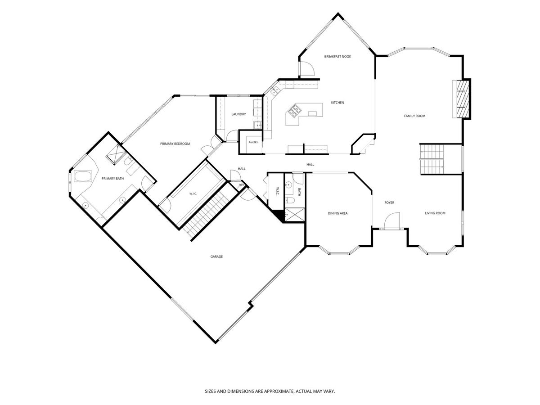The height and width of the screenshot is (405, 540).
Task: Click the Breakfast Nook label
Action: pos(337,57)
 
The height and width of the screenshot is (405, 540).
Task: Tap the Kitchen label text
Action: pos(337,103)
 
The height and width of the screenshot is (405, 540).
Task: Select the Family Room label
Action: pos(414,116)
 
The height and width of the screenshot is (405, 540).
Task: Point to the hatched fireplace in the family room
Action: pos(463,99)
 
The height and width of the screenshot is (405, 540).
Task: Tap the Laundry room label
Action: pos(238,114)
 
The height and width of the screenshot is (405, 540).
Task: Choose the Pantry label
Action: pos(253,142)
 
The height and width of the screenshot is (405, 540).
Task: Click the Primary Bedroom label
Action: pos(175,144)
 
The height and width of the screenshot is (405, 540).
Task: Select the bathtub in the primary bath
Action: pos(83,176)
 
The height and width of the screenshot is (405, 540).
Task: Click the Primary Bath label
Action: pos(112,179)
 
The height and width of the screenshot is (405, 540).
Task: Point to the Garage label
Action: pos(216,256)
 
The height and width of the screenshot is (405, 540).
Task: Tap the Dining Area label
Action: pos(337,213)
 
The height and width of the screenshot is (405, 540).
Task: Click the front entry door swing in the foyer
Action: pos(392,220)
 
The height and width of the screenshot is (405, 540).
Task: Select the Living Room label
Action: pos(435,213)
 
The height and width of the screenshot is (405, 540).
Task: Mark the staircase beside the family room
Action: pos(432,159)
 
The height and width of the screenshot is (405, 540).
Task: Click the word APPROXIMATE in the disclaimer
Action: pos(279,391)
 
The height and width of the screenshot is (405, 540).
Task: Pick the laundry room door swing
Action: pos(232,135)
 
